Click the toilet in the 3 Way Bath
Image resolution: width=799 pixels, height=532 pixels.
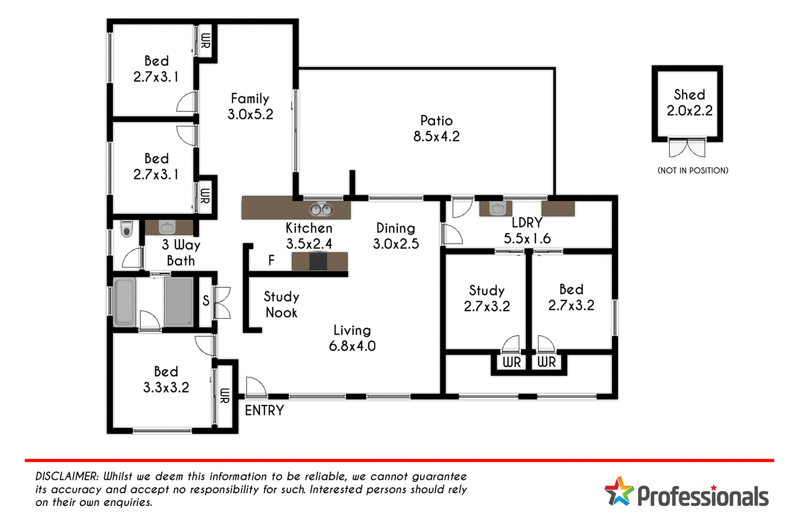click(x=126, y=229)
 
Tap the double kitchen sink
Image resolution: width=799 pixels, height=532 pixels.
click(x=321, y=209)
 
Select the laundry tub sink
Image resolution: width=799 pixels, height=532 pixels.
click(x=497, y=209)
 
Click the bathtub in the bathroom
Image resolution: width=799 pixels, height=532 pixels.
click(x=125, y=302)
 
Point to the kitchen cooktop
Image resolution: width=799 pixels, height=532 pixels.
click(x=318, y=261)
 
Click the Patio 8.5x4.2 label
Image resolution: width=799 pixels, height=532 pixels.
click(x=436, y=128)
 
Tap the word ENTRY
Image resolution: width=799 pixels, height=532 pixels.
click(x=264, y=410)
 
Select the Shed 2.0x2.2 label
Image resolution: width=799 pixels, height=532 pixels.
click(x=689, y=103)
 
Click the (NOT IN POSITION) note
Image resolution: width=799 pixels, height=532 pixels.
click(x=692, y=171)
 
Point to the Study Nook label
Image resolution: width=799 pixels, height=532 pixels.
click(x=281, y=304)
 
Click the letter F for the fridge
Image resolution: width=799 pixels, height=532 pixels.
click(x=272, y=260)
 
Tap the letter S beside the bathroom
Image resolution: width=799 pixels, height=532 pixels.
click(x=206, y=301)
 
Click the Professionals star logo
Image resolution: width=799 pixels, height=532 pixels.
click(x=619, y=492)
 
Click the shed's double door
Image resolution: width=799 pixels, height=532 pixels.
click(x=687, y=148)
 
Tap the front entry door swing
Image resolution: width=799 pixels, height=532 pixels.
click(x=256, y=387)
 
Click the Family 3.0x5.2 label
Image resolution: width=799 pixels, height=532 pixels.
click(x=250, y=106)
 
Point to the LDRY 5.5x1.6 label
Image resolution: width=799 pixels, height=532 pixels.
click(x=527, y=230)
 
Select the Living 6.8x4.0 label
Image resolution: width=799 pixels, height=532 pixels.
click(x=352, y=338)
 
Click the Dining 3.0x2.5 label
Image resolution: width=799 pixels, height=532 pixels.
click(x=395, y=236)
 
